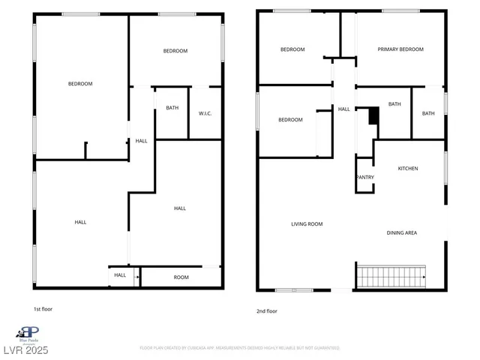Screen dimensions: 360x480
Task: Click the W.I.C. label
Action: (x=205, y=114)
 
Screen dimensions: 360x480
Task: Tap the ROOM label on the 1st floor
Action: (x=181, y=277)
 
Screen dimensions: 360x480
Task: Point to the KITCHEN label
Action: (x=407, y=168)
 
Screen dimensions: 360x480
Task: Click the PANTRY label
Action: (x=365, y=178)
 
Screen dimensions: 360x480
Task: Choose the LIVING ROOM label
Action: (x=307, y=224)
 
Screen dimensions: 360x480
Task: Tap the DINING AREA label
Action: (x=401, y=233)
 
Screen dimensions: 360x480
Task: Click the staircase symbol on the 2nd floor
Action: (x=391, y=276)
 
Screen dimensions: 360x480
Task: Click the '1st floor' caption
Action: (x=43, y=309)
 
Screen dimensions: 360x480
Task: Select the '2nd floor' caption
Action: (x=267, y=310)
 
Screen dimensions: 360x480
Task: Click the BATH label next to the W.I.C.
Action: (x=172, y=108)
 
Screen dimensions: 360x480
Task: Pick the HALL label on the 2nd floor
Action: (x=343, y=109)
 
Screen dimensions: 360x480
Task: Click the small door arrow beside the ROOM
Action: (x=136, y=277)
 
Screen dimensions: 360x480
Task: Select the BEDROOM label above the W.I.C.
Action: (x=175, y=51)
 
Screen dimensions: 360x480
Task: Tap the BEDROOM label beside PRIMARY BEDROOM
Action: (x=292, y=49)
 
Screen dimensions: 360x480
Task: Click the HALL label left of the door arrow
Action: (x=120, y=275)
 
